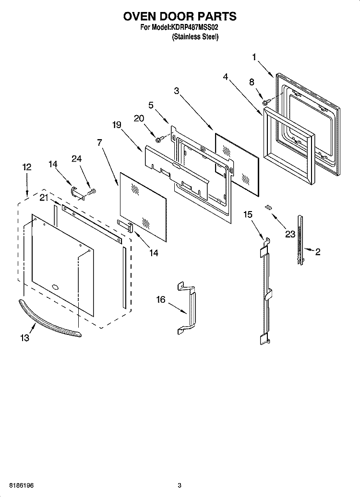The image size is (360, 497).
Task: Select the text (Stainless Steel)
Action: coord(195,37)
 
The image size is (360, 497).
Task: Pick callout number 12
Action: coord(27,167)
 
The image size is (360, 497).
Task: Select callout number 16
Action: coord(160,300)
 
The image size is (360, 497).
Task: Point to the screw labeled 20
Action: coord(158,140)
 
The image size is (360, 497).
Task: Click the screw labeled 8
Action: coord(265,102)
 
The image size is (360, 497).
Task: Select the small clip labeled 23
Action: coord(269,207)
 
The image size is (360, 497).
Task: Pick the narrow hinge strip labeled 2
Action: coord(300,239)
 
